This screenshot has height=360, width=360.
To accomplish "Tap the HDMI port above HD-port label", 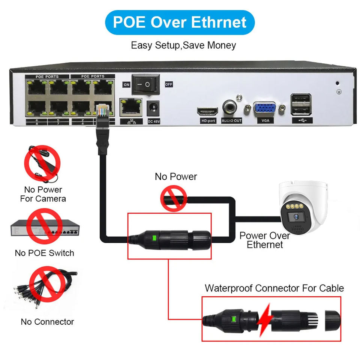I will [x=207, y=111].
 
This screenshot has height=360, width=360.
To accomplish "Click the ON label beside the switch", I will [x=126, y=85].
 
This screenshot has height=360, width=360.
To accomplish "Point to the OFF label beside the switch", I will [x=169, y=85].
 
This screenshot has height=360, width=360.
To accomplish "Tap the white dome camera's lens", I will [x=295, y=216].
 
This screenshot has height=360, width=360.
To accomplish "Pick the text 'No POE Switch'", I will [x=44, y=253].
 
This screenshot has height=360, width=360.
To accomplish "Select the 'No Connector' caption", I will [x=47, y=322].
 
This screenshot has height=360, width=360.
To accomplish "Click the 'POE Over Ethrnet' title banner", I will [x=180, y=22].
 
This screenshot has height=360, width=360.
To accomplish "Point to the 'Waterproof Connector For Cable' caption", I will [x=274, y=288].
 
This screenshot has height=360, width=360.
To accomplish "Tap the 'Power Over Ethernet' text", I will [x=265, y=240].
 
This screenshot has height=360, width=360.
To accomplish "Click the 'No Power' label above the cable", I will [x=176, y=177].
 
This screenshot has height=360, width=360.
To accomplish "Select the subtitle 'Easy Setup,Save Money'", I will [x=183, y=46].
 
